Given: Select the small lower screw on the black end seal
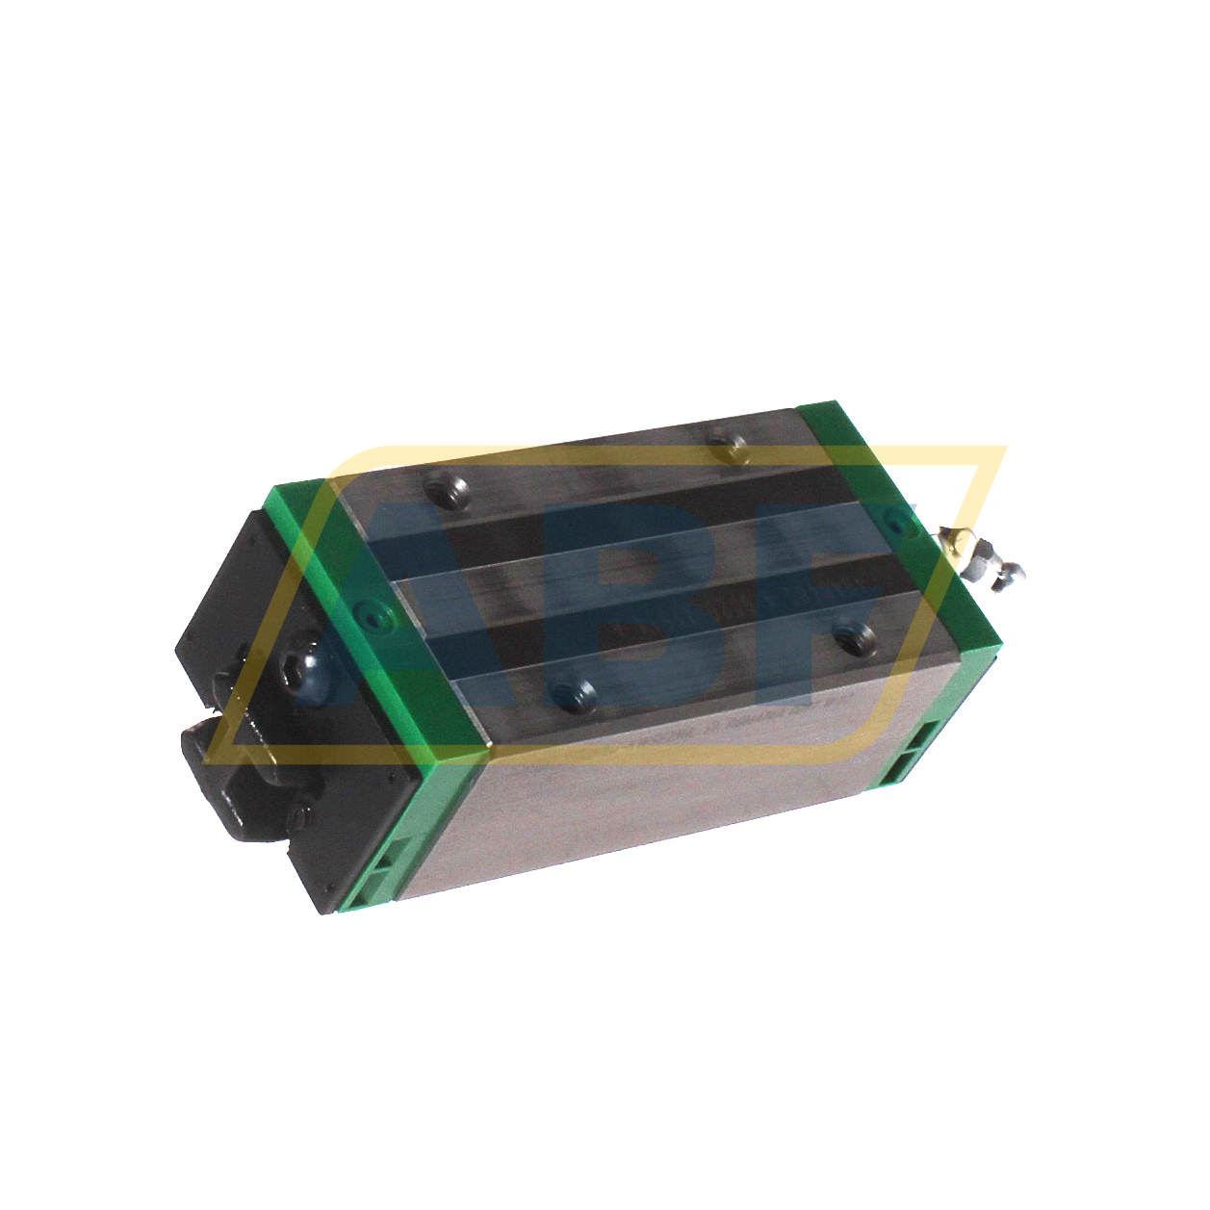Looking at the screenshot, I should pyautogui.click(x=301, y=815).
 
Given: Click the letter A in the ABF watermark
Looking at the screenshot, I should pyautogui.click(x=404, y=616).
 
